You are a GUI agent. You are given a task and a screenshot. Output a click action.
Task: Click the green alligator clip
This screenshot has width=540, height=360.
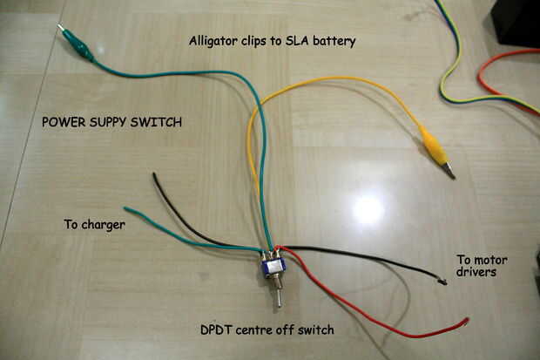76,43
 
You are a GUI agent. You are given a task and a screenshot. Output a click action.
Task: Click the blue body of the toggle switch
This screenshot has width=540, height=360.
273,267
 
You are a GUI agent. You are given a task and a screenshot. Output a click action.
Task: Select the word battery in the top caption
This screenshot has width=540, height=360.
334,41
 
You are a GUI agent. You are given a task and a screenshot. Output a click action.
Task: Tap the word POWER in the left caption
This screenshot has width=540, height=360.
64,122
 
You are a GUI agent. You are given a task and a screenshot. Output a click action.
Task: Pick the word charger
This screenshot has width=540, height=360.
104,225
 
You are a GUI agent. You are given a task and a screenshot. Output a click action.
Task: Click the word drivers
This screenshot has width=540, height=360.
476,272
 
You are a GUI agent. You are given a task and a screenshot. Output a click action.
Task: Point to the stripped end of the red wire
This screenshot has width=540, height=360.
467,321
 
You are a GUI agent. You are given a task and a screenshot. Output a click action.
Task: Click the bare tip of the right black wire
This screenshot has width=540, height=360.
442,282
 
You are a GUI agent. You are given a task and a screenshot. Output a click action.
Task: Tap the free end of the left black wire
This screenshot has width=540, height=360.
154,174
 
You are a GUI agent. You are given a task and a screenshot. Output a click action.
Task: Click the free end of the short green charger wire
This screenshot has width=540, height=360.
125,208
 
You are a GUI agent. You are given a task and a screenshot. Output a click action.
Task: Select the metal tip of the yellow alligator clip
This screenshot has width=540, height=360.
449,172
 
